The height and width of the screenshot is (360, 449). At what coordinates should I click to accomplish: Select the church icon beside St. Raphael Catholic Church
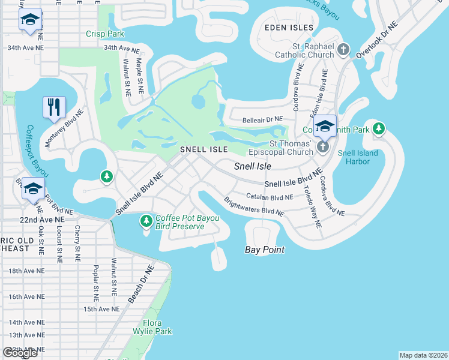pyautogui.click(x=343, y=49)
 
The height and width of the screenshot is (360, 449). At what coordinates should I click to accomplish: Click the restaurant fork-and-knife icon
pyautogui.click(x=55, y=107)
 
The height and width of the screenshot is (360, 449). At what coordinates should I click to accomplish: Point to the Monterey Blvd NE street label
pyautogui.click(x=65, y=128)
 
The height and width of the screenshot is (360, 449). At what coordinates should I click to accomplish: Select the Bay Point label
pyautogui.click(x=265, y=249)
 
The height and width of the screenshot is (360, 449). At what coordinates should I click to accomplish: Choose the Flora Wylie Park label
pyautogui.click(x=152, y=327)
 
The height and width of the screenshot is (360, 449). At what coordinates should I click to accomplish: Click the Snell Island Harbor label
pyautogui.click(x=358, y=157)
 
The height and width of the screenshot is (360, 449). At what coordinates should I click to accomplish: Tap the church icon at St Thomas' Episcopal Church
pyautogui.click(x=323, y=147)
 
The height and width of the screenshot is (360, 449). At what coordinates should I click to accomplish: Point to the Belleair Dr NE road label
pyautogui.click(x=262, y=120)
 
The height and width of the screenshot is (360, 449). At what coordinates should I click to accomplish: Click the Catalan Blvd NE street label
pyautogui.click(x=270, y=196)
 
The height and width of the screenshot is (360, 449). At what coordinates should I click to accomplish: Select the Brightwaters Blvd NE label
pyautogui.click(x=253, y=208)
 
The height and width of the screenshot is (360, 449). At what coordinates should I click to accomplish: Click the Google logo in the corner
pyautogui.click(x=19, y=353)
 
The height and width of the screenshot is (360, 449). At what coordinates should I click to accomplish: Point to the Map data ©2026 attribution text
pyautogui.click(x=423, y=355)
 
